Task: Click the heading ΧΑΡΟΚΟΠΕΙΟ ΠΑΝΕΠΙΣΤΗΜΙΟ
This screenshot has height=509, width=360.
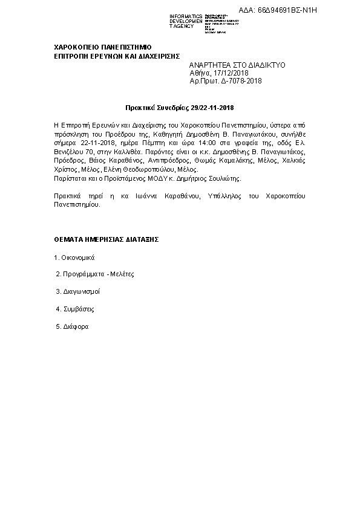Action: point(102,47)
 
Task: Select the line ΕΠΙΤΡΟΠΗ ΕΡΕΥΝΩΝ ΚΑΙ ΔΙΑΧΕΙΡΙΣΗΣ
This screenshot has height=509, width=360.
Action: point(117,55)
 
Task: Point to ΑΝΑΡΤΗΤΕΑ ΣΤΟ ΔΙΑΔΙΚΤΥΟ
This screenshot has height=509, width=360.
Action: point(237,64)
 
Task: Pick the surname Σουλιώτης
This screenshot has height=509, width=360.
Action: point(223,179)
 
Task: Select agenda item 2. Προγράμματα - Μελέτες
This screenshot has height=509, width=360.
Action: point(94,274)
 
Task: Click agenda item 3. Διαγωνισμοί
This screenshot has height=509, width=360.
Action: point(77,291)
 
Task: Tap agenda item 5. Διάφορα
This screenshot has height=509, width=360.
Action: point(72,326)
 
